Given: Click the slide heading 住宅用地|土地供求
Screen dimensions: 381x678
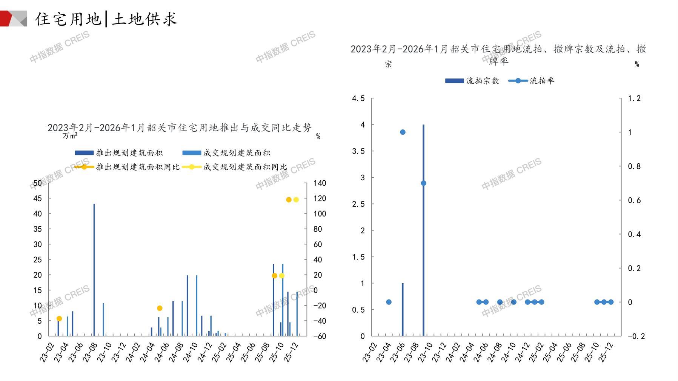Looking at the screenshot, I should (106, 19).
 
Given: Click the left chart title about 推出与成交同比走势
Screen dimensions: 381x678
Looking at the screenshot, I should (180, 128).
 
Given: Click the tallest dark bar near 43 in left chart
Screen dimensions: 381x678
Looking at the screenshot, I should (94, 270).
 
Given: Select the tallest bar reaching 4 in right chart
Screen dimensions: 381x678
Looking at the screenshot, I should (423, 230).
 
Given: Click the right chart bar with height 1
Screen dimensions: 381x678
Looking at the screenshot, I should (403, 309).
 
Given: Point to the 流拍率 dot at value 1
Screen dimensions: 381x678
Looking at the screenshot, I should (403, 132).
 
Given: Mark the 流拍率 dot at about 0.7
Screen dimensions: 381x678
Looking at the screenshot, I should (423, 183).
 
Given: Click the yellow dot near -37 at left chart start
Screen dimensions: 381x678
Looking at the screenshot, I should (59, 319).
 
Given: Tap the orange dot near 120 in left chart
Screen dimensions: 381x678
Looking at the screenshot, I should (289, 200).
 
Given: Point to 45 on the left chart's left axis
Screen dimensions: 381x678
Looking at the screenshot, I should (38, 198).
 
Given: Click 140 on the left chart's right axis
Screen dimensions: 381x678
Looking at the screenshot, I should (320, 183).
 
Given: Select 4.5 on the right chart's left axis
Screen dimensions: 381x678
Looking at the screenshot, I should (358, 98).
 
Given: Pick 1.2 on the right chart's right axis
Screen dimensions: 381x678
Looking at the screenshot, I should (634, 98).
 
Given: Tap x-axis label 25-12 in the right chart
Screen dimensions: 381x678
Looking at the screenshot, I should (606, 352).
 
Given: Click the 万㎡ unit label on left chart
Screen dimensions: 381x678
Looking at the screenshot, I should (70, 135).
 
